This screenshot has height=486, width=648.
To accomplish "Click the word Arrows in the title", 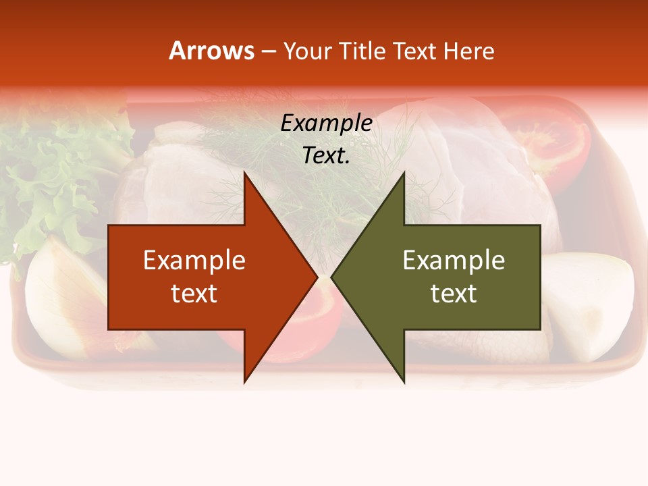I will pos(212,51).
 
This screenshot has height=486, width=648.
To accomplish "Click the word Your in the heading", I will pos(307,51).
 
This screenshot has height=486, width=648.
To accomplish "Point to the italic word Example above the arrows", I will pos(326,123).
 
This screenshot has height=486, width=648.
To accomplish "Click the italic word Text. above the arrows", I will pos(326,155).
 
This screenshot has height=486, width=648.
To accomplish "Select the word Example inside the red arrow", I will pos(194,260).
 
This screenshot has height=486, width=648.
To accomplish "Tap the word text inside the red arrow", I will pos(194,293).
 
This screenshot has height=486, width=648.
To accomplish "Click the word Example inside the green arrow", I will pos(454,260).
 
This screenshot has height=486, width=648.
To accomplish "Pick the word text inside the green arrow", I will pos(454,293).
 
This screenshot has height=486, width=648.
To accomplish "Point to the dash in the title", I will pos(268,51).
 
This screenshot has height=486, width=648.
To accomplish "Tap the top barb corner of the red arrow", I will pos(244,173).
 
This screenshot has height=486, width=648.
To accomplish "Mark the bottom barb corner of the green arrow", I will pos(404,381).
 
